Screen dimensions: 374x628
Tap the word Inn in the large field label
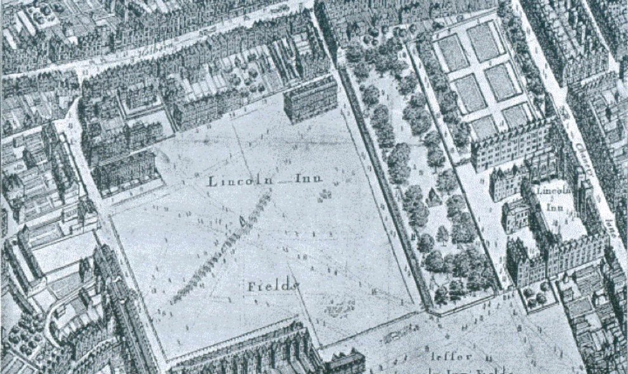(309, 179)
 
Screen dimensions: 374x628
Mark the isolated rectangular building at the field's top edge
(311, 99)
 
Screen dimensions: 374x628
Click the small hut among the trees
(434, 196)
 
